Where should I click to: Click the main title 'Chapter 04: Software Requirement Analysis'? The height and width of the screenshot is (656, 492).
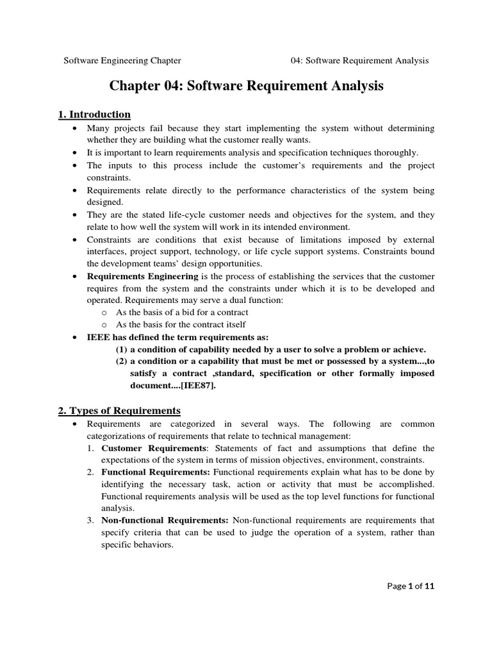[247, 86]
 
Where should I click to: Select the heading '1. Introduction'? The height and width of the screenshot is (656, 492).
[94, 115]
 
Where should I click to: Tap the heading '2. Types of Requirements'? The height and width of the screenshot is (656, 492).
[119, 411]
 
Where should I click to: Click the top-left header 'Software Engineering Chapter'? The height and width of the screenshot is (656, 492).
[122, 61]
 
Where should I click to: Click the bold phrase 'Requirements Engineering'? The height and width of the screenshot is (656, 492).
[142, 276]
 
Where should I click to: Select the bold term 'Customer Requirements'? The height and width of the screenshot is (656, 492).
[153, 448]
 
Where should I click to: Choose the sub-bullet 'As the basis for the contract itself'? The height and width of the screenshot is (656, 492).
[181, 325]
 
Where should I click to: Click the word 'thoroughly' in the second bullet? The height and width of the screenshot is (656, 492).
[394, 153]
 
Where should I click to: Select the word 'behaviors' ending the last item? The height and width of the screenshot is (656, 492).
[151, 544]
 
